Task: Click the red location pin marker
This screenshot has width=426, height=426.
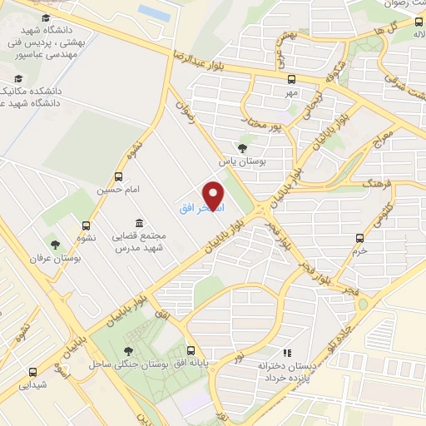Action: click(x=215, y=196)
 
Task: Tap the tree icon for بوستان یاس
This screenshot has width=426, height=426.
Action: click(x=243, y=147)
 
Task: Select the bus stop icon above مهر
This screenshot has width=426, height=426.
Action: click(x=291, y=80)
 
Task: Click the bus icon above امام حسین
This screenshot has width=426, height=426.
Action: click(x=119, y=176)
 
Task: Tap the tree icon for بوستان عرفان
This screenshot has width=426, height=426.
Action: click(x=55, y=245)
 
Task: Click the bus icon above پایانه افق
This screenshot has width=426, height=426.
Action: click(x=191, y=350)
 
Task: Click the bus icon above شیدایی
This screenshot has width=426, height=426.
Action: click(x=33, y=372)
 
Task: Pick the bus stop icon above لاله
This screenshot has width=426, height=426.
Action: click(x=418, y=22)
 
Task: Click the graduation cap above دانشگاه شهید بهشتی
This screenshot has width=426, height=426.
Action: click(x=43, y=17)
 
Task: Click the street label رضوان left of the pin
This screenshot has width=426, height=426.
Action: click(x=185, y=113)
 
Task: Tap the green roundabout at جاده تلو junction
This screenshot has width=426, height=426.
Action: click(x=362, y=305)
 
